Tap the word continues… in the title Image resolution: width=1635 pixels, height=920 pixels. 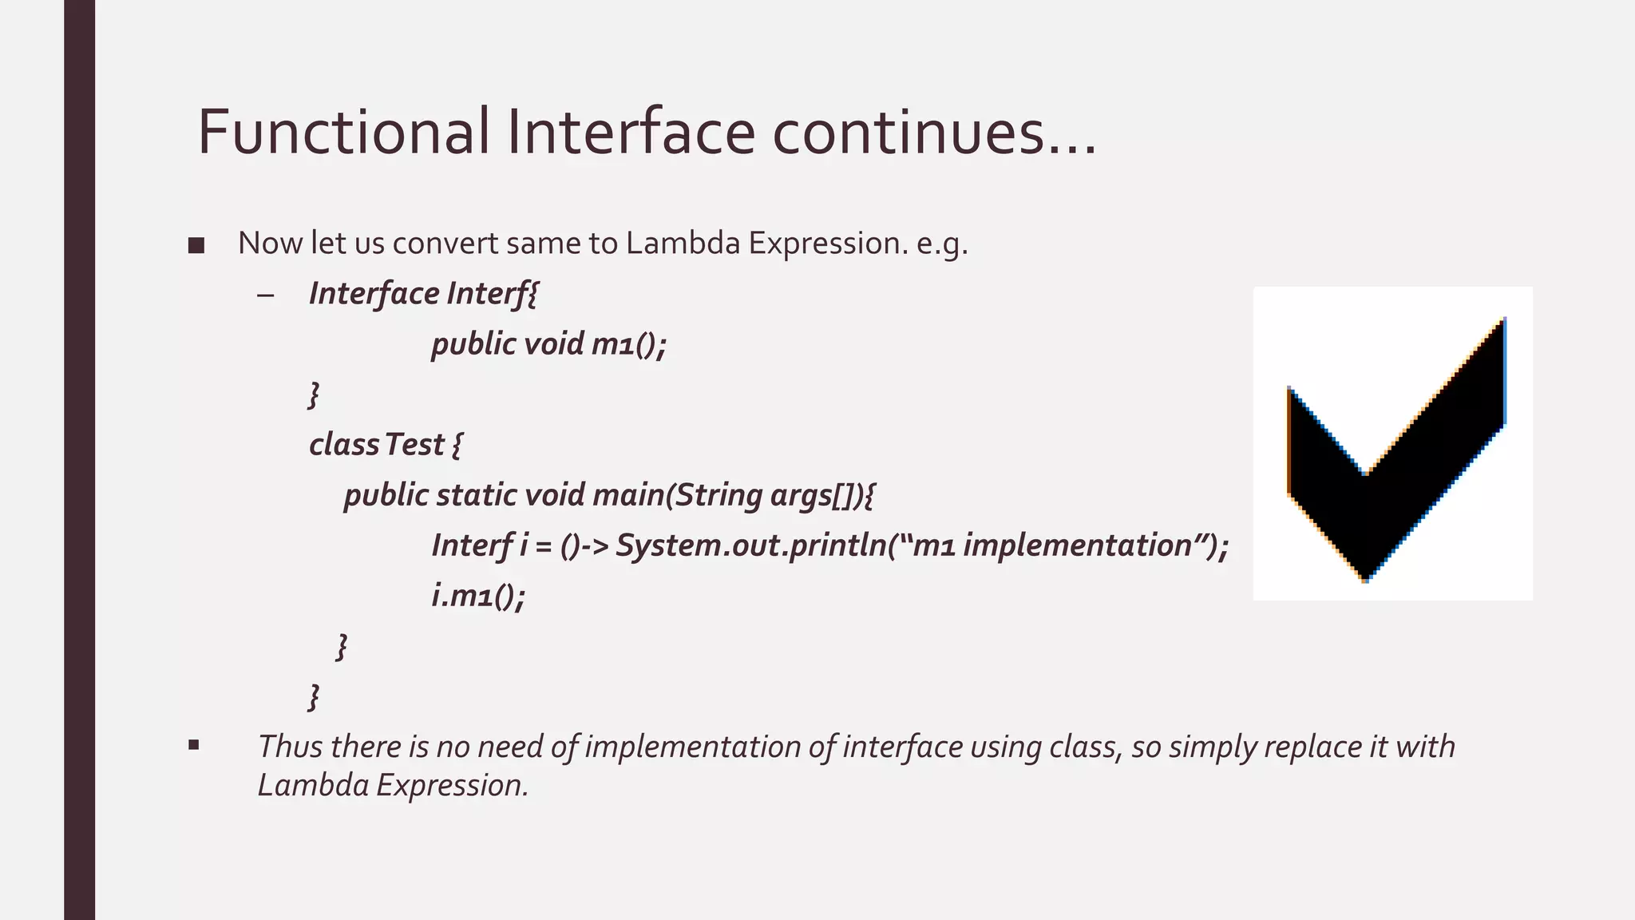click(x=934, y=132)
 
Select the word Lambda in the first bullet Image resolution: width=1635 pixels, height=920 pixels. click(x=683, y=244)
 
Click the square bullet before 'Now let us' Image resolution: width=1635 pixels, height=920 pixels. click(x=196, y=246)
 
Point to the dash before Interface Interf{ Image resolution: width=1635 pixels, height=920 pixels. click(x=266, y=295)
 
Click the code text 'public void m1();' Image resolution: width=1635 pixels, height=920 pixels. click(x=548, y=344)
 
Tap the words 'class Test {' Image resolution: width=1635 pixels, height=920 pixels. click(x=385, y=445)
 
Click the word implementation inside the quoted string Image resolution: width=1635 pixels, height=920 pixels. click(x=1078, y=545)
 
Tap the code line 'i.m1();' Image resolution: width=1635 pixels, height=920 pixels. click(x=478, y=596)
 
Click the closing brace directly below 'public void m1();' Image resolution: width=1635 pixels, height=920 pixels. click(x=314, y=395)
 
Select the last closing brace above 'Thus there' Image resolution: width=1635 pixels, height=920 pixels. click(x=314, y=696)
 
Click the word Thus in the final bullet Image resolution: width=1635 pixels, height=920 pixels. click(x=289, y=747)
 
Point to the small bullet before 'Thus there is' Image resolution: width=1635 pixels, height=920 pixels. click(x=193, y=746)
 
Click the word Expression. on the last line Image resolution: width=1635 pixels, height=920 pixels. click(x=452, y=785)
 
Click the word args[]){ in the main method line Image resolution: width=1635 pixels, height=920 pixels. click(x=821, y=495)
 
